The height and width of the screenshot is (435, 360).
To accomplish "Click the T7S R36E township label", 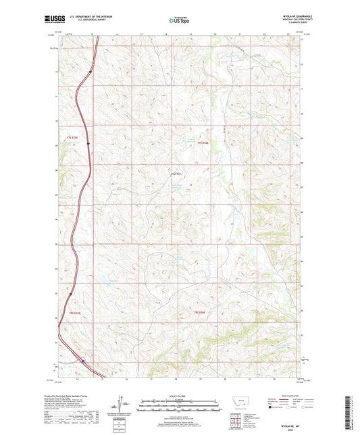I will [203, 143].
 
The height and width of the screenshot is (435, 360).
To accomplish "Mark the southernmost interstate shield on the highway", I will [83, 360].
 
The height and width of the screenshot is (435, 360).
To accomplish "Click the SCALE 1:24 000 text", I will [180, 396].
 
